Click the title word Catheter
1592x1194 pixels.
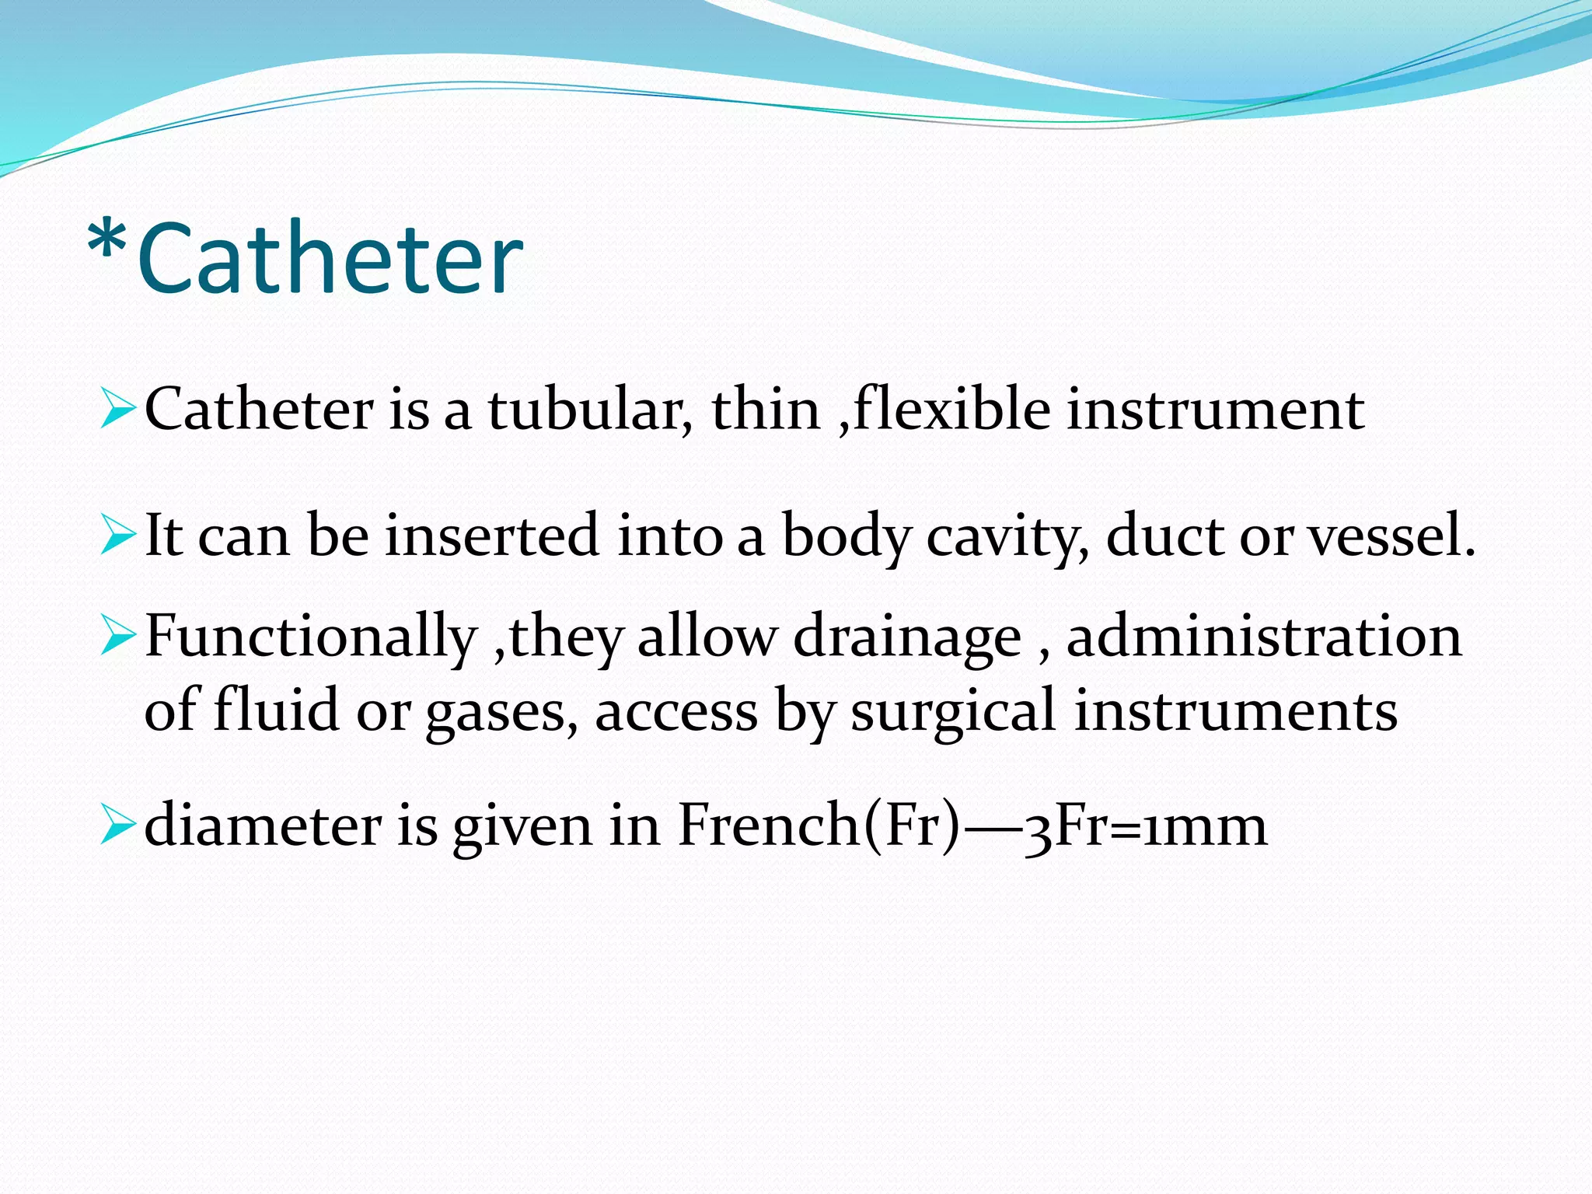[x=330, y=259]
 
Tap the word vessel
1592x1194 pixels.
[x=1391, y=536]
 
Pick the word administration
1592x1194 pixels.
[x=1264, y=636]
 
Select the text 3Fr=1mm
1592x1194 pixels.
[x=1146, y=826]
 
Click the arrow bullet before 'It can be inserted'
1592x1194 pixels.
[x=117, y=536]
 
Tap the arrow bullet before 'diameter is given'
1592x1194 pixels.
[x=117, y=826]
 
